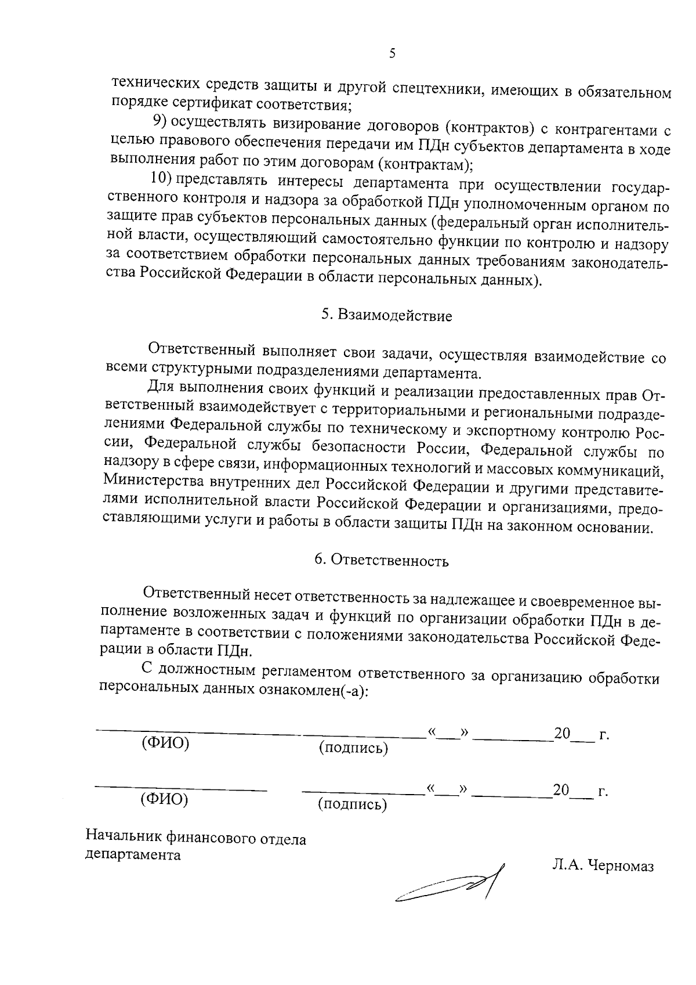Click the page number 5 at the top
point(392,55)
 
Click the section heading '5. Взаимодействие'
point(386,316)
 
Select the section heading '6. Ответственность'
point(381,560)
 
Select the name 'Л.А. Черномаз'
point(603,866)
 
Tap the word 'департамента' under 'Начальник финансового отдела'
point(132,855)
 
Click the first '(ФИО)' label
point(165,744)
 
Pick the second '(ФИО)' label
point(164,799)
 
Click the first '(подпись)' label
point(353,748)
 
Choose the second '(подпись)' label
point(351,804)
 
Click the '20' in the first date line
point(562,733)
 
